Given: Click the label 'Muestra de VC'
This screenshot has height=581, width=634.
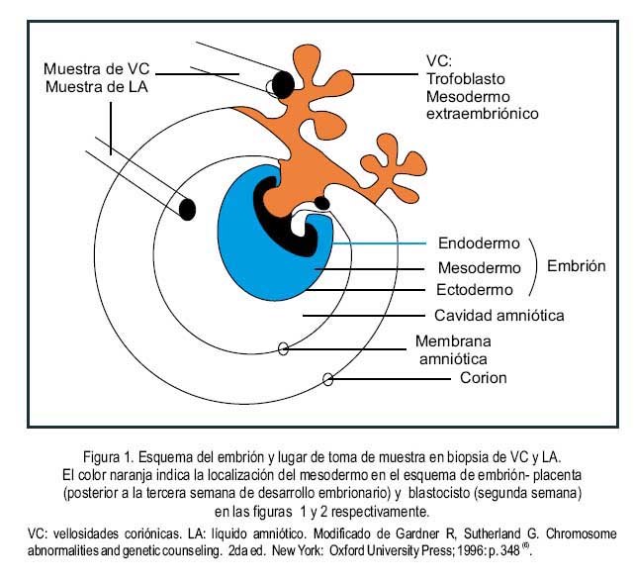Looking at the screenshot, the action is click(97, 68).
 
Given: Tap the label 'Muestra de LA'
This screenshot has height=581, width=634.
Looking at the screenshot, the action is click(97, 86).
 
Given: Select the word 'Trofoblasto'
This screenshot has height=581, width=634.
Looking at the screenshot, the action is click(466, 78).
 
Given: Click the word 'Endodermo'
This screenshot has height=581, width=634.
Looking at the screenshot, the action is click(479, 243).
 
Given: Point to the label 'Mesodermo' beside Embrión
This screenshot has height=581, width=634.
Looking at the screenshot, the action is click(479, 267).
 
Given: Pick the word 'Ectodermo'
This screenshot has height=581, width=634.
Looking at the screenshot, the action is click(475, 290).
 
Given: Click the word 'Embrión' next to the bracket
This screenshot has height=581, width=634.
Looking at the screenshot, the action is click(577, 266).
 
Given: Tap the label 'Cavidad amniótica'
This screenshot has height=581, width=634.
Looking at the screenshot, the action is click(498, 315).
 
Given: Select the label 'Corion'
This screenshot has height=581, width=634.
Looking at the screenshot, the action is click(484, 378).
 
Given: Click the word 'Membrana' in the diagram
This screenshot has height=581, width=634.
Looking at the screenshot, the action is click(453, 341).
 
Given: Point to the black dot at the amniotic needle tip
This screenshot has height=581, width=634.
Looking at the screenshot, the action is click(187, 209).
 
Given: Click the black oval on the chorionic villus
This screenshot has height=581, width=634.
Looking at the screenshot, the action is click(283, 84).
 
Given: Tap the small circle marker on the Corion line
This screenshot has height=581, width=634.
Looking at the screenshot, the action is click(328, 379).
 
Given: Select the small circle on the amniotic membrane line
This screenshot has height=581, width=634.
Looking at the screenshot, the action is click(284, 348).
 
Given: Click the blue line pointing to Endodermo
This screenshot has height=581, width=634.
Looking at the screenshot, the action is click(379, 243).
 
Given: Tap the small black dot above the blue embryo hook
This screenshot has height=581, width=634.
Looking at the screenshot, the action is click(322, 202).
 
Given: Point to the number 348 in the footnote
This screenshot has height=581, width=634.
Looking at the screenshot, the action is click(510, 550).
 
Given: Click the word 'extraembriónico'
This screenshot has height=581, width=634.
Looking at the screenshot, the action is click(483, 114).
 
